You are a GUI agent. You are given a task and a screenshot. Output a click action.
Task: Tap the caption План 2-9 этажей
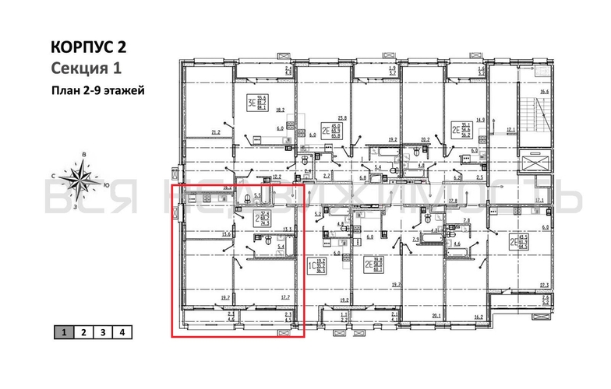click(x=97, y=89)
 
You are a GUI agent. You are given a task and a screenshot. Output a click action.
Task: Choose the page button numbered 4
click(x=122, y=332)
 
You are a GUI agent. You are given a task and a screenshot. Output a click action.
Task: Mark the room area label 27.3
click(x=544, y=286)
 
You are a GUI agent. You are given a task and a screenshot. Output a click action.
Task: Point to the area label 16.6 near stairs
click(x=544, y=92)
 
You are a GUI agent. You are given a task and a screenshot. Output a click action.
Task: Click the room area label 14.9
click(x=480, y=119)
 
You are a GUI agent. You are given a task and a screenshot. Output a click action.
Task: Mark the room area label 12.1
click(x=510, y=129)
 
